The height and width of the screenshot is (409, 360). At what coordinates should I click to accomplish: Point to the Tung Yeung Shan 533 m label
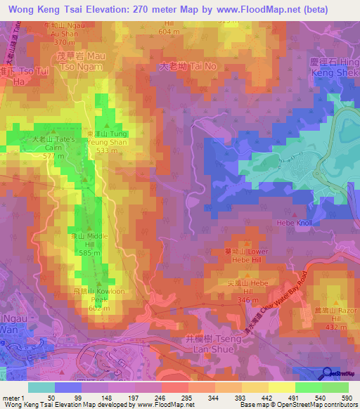click(x=107, y=142)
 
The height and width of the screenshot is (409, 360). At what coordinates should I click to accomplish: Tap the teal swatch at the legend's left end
click(x=41, y=387)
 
